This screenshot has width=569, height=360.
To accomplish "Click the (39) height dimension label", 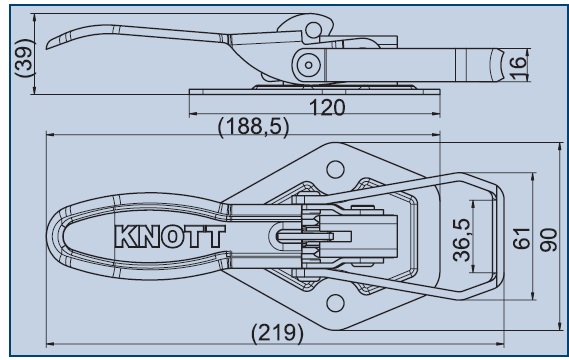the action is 25,57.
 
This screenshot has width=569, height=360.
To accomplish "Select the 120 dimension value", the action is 327,107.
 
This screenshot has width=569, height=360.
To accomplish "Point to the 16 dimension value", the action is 518,67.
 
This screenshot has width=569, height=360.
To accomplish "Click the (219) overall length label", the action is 277,332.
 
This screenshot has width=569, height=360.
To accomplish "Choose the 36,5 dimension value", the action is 462,239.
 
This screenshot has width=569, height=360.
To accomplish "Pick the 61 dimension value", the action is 521,238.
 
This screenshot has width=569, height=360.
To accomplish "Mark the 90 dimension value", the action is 548,240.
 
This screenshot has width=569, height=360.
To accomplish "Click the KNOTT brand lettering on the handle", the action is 169,237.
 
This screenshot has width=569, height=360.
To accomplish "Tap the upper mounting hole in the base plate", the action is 335,169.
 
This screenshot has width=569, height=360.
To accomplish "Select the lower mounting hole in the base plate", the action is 335,303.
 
